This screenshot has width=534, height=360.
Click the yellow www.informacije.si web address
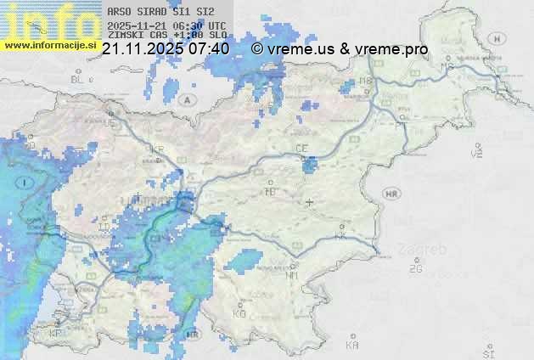pyautogui.click(x=50, y=44)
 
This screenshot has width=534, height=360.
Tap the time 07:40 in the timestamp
pyautogui.click(x=210, y=49)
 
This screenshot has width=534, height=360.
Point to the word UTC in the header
pyautogui.click(x=216, y=25)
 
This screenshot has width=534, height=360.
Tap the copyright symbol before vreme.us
pyautogui.click(x=257, y=49)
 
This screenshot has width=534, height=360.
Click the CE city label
pyautogui.click(x=301, y=148)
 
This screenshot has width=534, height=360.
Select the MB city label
pyautogui.click(x=446, y=66)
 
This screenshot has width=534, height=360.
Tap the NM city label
pyautogui.click(x=291, y=274)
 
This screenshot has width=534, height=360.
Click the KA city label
pyautogui.click(x=352, y=345)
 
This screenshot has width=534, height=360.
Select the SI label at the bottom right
pyautogui.click(x=487, y=352)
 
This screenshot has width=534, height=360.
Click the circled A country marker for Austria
pyautogui.click(x=186, y=99)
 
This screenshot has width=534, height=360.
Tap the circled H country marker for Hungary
pyautogui.click(x=501, y=38)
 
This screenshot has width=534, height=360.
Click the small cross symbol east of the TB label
pyautogui.click(x=309, y=202)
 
